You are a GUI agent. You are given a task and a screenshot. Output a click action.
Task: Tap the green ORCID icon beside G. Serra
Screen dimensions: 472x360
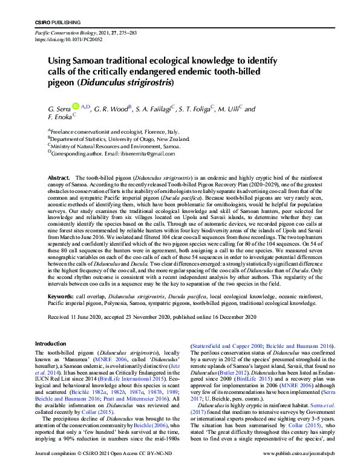pyautogui.click(x=76, y=107)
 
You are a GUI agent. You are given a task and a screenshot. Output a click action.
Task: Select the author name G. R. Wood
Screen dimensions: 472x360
pyautogui.click(x=112, y=109)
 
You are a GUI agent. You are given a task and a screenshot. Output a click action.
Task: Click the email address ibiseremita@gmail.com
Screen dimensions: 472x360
pyautogui.click(x=149, y=153)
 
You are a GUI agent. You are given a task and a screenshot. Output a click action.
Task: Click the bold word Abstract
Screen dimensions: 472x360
pyautogui.click(x=58, y=177)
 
